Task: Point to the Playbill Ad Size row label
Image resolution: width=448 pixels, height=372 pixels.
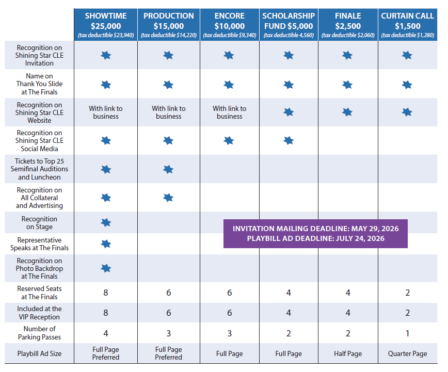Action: (39, 353)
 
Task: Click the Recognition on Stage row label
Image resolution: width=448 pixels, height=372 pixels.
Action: (39, 223)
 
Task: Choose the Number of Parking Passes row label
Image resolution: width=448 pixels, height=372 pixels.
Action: (39, 333)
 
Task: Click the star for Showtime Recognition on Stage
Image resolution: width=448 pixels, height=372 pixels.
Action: (106, 222)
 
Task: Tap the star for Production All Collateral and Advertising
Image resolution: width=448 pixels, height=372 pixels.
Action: (168, 198)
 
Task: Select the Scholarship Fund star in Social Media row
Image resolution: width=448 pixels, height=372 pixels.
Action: (289, 140)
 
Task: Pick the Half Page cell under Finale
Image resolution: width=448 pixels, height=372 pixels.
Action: (348, 354)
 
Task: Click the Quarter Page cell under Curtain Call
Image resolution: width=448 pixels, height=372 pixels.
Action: (407, 354)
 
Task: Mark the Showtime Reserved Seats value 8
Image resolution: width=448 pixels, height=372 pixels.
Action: (106, 293)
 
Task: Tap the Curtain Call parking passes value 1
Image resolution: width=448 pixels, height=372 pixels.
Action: (407, 333)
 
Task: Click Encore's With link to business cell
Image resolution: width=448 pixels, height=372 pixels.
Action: (230, 112)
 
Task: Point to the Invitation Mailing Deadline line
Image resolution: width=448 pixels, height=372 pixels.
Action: (315, 229)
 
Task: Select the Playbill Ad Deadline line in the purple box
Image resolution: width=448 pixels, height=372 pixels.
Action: (315, 238)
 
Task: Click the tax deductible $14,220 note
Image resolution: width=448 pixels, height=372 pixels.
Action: (169, 35)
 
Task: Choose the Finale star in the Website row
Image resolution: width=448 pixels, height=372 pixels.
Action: (347, 112)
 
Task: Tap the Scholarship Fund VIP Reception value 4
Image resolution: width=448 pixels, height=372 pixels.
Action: (289, 313)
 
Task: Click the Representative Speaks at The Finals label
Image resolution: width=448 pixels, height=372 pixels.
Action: (39, 244)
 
